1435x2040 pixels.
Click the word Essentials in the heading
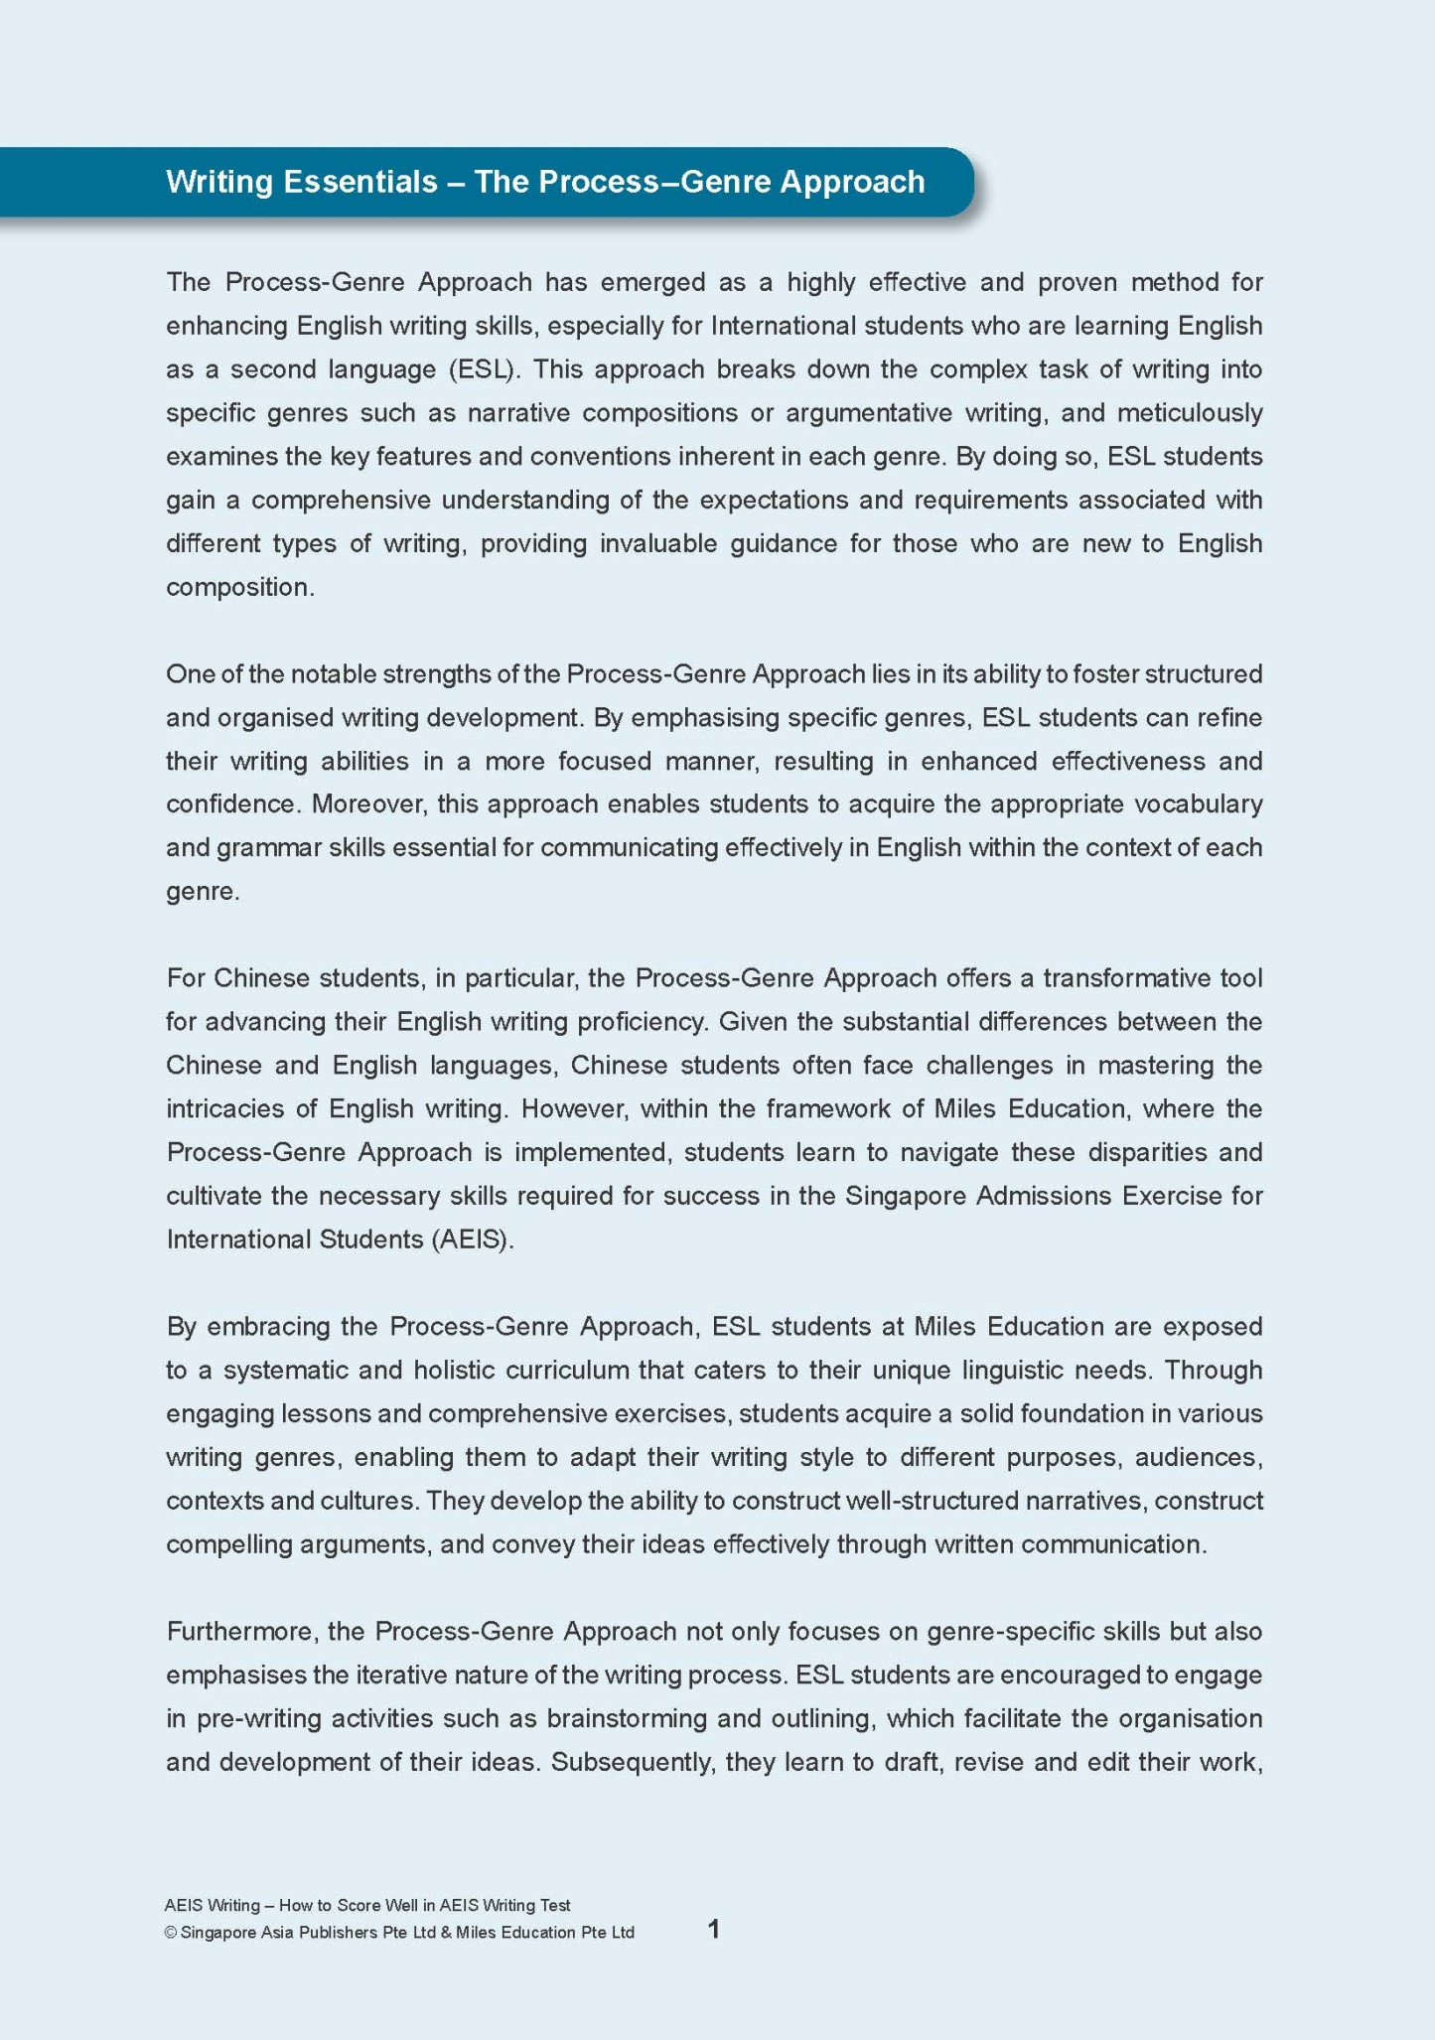click(x=359, y=182)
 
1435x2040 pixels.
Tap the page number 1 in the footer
click(x=713, y=1930)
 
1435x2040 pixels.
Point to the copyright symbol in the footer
click(x=170, y=1933)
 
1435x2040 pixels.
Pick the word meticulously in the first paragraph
click(x=1190, y=413)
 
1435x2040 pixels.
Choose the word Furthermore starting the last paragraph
click(x=243, y=1632)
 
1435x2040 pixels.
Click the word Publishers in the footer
click(x=341, y=1933)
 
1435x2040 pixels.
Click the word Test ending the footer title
click(x=554, y=1905)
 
